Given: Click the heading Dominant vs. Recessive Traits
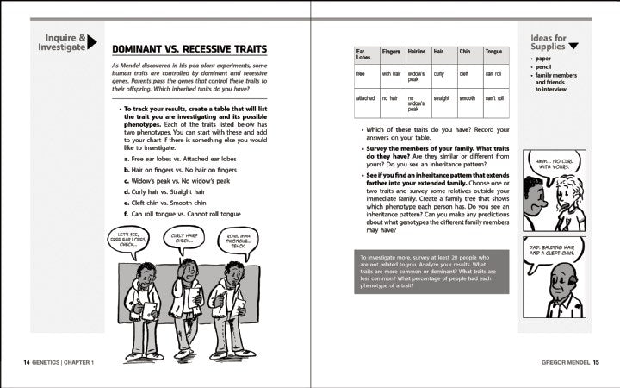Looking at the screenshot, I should (x=189, y=49).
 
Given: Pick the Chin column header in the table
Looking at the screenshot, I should (x=466, y=52).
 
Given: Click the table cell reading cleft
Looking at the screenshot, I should (x=467, y=74).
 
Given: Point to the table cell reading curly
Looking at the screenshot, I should (x=439, y=74).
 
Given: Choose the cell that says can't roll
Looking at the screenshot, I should (x=495, y=99).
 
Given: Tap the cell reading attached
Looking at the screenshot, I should (x=365, y=99).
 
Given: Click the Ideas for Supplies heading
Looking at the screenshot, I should (x=549, y=42).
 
